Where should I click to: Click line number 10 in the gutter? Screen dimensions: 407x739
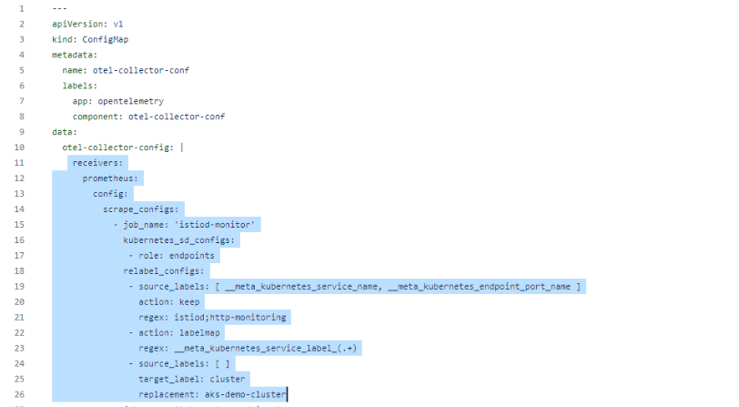point(20,147)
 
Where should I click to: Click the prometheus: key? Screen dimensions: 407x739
point(110,178)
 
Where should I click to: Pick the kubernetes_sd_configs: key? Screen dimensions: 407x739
point(179,239)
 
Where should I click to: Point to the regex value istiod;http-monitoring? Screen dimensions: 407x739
point(228,317)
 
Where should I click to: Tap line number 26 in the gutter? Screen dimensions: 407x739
point(20,394)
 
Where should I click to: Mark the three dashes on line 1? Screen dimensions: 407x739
point(60,8)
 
